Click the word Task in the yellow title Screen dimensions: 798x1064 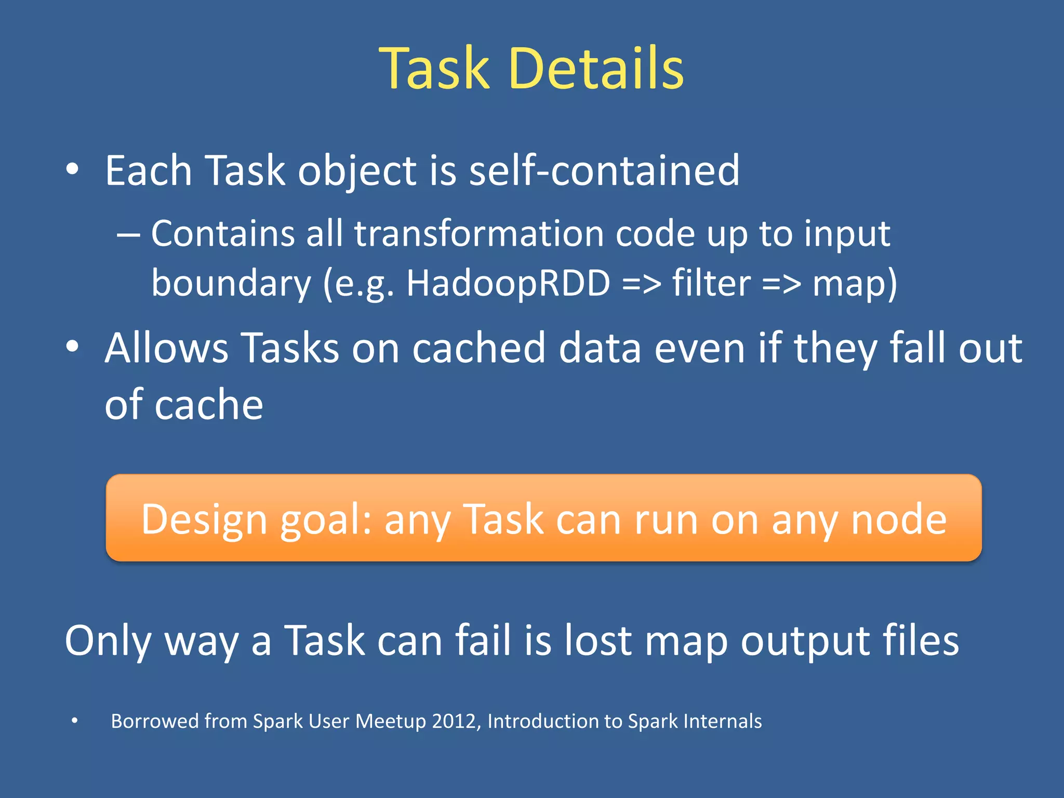coord(434,69)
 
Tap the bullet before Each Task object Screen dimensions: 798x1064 coord(73,169)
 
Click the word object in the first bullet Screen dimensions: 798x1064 coord(357,171)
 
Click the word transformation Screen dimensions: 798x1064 coord(478,233)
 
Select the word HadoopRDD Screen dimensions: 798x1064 coord(508,284)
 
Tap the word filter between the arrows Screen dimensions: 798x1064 coord(711,284)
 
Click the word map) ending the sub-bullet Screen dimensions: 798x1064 coord(855,284)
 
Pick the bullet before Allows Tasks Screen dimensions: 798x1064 coord(73,347)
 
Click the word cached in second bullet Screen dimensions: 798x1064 coord(478,348)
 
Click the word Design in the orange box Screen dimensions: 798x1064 coord(204,520)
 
